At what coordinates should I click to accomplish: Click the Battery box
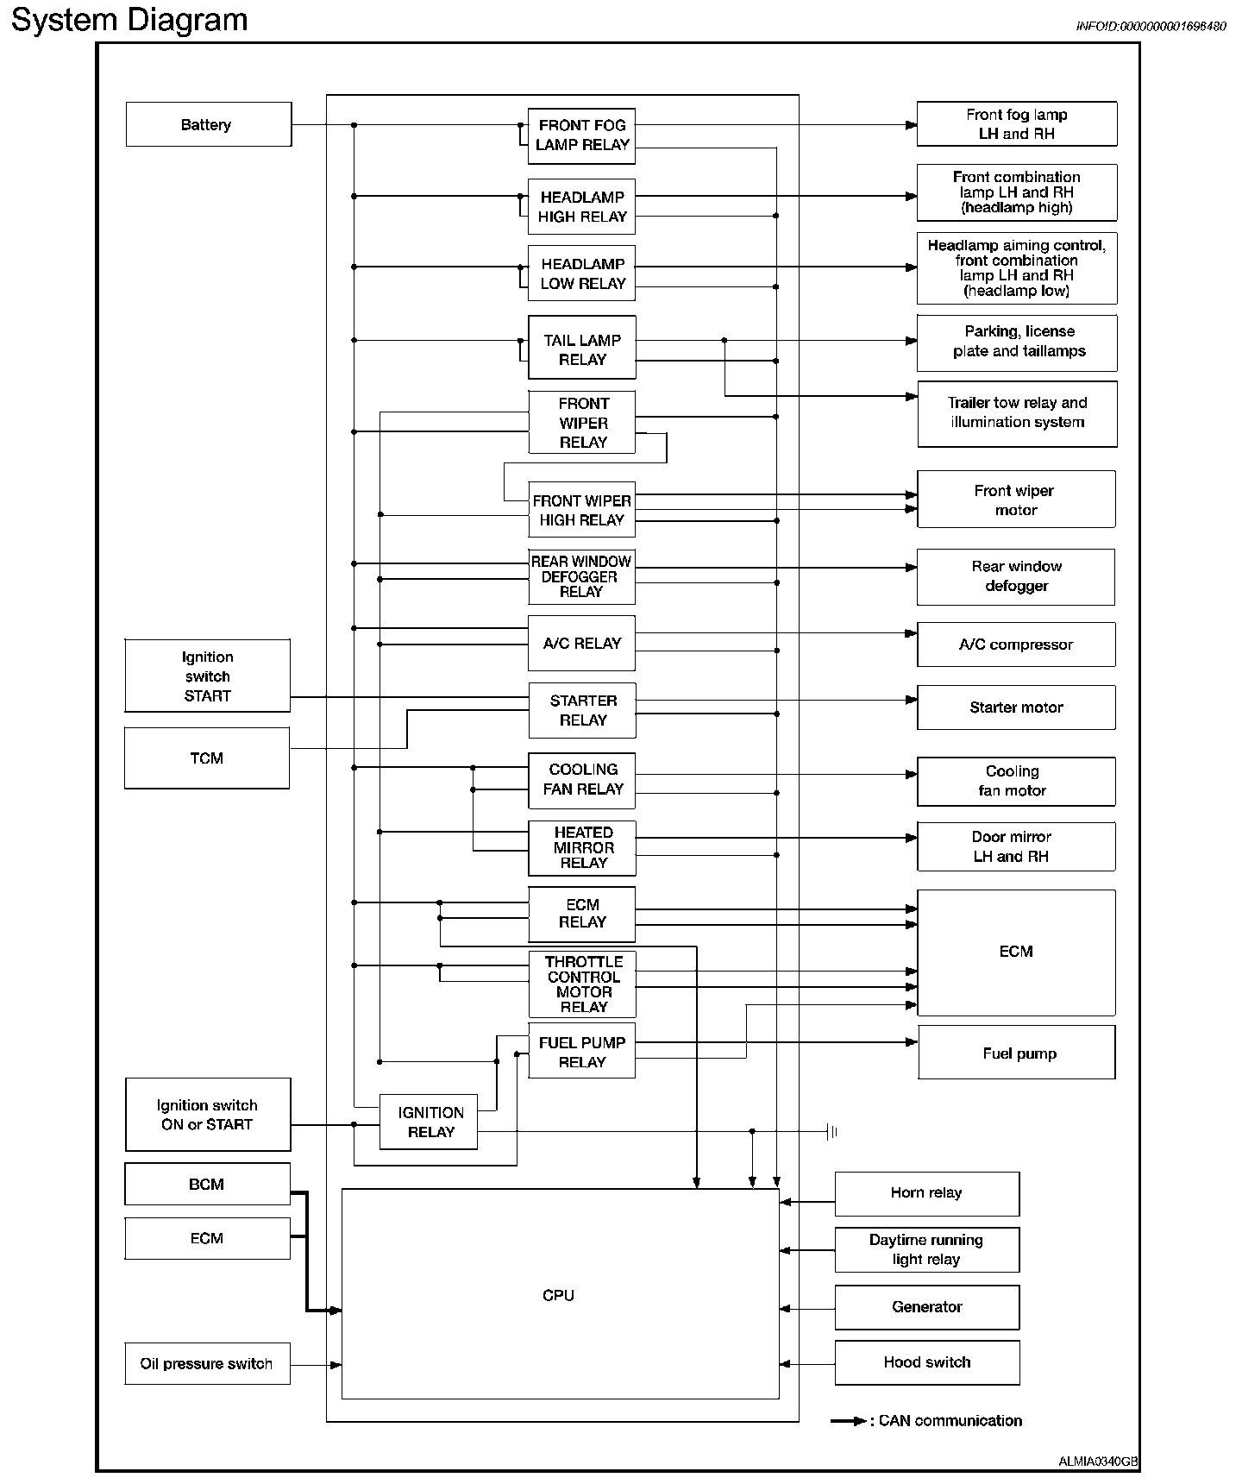coord(208,124)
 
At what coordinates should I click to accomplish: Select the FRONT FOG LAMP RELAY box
coord(581,135)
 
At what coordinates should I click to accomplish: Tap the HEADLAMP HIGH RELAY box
coord(581,206)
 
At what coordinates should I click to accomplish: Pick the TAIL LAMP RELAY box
coord(581,349)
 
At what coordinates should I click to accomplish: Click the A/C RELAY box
coord(581,643)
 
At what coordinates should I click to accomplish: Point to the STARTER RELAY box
coord(581,710)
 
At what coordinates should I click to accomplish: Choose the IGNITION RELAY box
coord(429,1122)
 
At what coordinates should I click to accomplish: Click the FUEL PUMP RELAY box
coord(581,1052)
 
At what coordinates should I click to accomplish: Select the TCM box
coord(207,758)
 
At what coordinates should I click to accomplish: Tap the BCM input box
coord(207,1184)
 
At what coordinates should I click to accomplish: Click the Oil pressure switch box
coord(207,1363)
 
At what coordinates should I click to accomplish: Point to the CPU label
coord(558,1295)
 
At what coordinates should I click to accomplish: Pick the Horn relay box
coord(926,1193)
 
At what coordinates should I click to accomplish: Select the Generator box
coord(926,1307)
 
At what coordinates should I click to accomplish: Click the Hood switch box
coord(926,1362)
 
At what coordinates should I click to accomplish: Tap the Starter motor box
coord(1016,707)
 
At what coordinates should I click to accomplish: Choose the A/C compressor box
coord(1016,645)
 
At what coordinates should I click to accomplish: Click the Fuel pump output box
coord(1018,1053)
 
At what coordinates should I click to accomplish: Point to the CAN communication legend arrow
coord(849,1421)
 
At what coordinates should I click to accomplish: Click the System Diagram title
coord(129,19)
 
